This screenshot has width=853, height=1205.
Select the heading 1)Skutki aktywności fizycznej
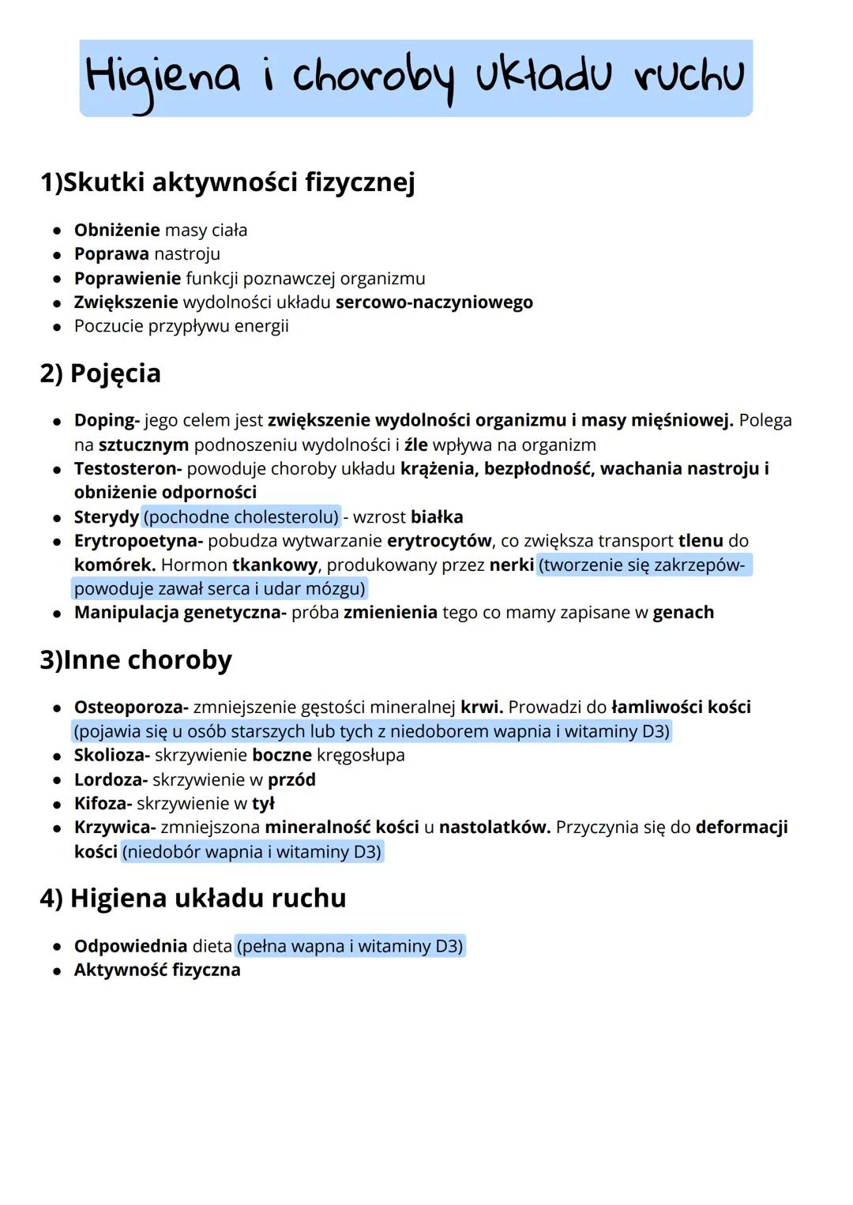click(x=227, y=182)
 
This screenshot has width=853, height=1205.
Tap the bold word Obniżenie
click(x=116, y=230)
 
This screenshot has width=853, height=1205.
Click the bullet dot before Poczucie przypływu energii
click(x=57, y=326)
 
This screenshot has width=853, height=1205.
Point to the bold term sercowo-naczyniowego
click(x=434, y=302)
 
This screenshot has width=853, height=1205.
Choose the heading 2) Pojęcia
click(x=100, y=374)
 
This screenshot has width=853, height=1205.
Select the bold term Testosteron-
click(x=128, y=469)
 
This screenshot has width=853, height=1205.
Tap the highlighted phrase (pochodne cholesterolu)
click(x=242, y=517)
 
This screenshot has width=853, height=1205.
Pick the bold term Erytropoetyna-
click(x=138, y=541)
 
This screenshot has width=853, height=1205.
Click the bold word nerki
click(x=511, y=565)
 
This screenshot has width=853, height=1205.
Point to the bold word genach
click(x=683, y=613)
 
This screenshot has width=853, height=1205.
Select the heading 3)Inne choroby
click(x=136, y=660)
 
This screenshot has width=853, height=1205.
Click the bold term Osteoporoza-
click(x=131, y=708)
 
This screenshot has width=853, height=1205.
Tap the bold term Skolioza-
click(x=111, y=756)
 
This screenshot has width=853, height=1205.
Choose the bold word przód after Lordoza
click(x=291, y=780)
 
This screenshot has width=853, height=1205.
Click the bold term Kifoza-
click(x=103, y=804)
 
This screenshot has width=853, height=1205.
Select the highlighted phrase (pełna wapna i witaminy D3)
click(x=351, y=946)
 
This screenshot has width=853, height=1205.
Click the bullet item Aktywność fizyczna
click(x=157, y=970)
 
